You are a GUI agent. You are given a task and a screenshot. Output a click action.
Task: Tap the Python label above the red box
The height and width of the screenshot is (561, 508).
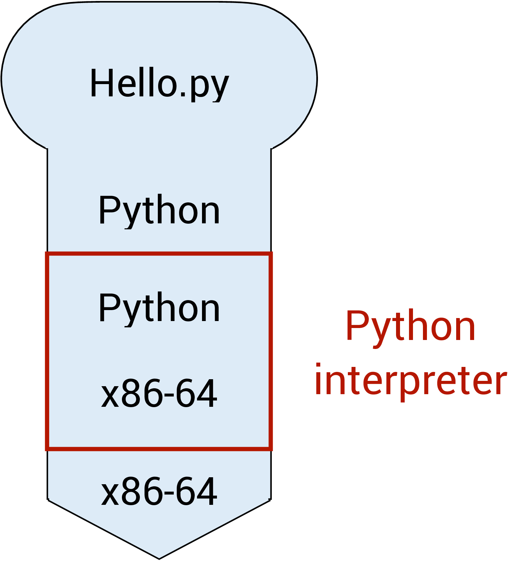click(159, 210)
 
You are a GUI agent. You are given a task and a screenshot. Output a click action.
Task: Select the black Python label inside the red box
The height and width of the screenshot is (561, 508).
click(159, 308)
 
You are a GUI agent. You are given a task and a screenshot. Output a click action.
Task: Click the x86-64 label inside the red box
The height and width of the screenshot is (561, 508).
click(159, 394)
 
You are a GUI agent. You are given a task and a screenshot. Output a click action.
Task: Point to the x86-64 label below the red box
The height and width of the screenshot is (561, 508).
click(159, 492)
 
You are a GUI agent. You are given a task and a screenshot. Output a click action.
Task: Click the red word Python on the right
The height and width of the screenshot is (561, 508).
click(411, 327)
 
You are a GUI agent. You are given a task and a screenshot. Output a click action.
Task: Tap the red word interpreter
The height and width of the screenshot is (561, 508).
click(411, 381)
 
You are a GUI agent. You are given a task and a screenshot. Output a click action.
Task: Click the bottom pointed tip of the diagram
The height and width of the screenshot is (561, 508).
click(159, 558)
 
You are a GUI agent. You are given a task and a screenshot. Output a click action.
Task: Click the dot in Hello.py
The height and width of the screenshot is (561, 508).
click(183, 95)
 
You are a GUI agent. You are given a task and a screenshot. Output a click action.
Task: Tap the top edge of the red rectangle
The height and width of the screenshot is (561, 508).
click(159, 254)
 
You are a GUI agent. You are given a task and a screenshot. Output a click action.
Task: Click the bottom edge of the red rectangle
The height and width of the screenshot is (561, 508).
click(159, 449)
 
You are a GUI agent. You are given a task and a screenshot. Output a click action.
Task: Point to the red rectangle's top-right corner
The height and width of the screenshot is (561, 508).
click(270, 254)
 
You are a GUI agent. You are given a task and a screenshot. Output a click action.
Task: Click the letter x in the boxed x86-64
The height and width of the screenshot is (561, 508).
click(110, 398)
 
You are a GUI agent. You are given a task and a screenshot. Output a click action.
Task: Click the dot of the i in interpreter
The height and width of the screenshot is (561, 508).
click(318, 366)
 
